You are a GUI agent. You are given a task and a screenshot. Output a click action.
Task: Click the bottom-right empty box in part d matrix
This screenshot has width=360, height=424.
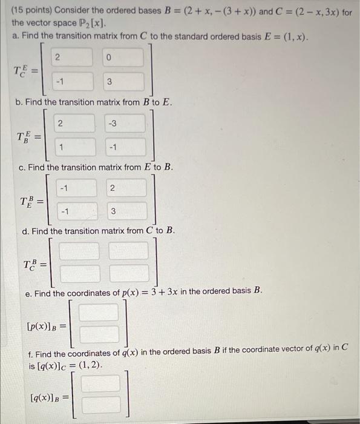[x=128, y=273]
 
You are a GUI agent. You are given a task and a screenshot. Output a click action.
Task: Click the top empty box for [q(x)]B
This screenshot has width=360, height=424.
[x=100, y=383]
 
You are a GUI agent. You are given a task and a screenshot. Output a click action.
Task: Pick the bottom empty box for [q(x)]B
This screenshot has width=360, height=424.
[x=100, y=406]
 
